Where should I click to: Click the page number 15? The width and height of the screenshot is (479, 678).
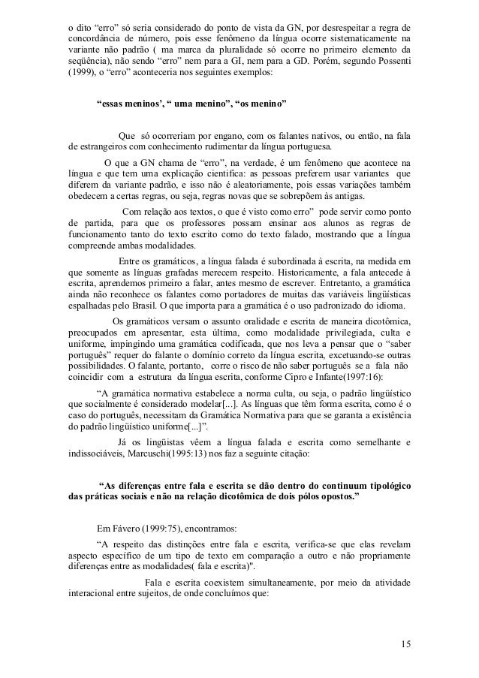click(405, 643)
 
